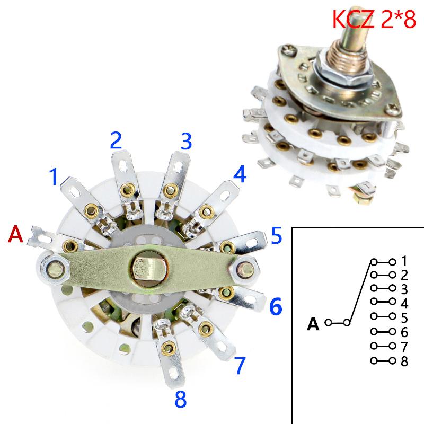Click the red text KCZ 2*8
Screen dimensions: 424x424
coord(374,20)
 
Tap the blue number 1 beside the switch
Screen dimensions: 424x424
coord(54,177)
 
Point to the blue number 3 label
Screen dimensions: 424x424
coord(185,142)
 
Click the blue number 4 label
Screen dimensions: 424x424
coord(240,174)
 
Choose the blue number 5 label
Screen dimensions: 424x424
coord(276,236)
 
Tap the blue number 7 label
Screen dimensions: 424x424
coord(240,365)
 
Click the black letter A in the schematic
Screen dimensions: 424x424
coord(314,323)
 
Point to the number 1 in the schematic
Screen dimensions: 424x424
coord(404,261)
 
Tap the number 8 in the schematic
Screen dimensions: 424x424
coord(404,362)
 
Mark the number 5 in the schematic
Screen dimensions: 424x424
coord(404,318)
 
